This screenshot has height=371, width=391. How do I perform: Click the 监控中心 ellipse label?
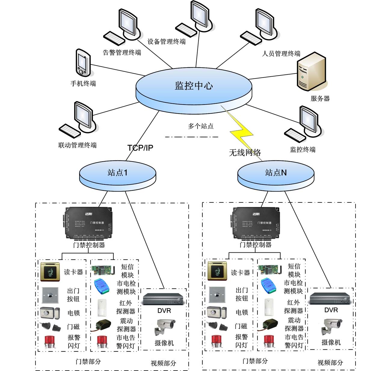(x=194, y=86)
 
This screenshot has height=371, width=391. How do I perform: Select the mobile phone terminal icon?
(x=82, y=63)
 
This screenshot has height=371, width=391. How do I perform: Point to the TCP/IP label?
(x=140, y=148)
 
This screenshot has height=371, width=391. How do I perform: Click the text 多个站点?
(x=201, y=126)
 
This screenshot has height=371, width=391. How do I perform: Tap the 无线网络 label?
(x=245, y=153)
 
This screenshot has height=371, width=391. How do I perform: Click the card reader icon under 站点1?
(x=50, y=272)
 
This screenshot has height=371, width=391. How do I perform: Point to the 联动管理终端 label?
(x=77, y=145)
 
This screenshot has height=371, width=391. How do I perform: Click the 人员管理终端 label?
(x=281, y=54)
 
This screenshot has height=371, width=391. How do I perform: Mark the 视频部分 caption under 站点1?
(x=163, y=363)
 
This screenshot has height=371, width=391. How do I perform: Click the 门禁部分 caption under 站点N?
(x=255, y=361)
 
